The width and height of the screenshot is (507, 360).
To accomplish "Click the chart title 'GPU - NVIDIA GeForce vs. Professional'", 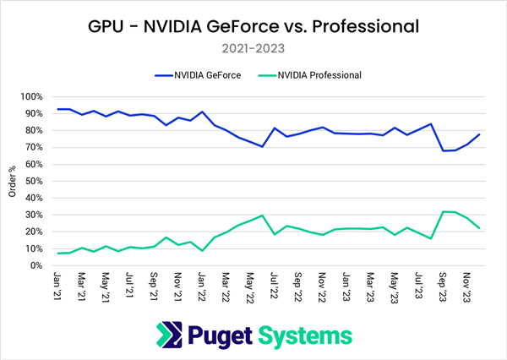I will pyautogui.click(x=253, y=25).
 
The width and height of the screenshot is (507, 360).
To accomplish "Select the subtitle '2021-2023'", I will pyautogui.click(x=253, y=48).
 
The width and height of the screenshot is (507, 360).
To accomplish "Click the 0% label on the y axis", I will pyautogui.click(x=38, y=265).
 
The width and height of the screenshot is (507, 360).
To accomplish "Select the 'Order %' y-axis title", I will pyautogui.click(x=11, y=181).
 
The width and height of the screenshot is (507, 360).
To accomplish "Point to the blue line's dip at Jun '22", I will pyautogui.click(x=263, y=146).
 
